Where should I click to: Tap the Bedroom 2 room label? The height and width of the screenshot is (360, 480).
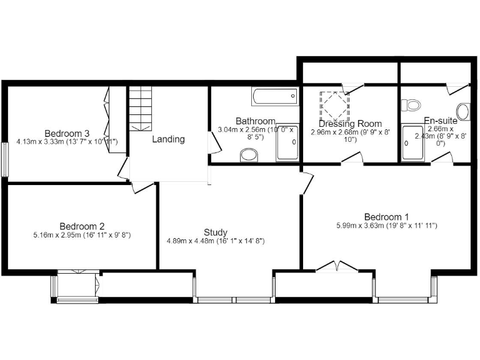[x=82, y=226]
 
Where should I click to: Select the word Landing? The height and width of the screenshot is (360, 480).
[x=169, y=139]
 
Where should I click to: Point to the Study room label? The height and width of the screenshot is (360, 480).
[x=216, y=232]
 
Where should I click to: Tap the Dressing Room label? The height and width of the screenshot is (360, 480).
[x=350, y=124]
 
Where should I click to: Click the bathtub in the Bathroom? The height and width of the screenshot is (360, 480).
[x=276, y=96]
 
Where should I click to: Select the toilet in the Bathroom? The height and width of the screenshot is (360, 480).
[x=249, y=154]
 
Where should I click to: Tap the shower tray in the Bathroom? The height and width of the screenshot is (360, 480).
[x=288, y=143]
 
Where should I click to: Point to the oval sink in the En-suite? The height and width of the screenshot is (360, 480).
[x=464, y=111]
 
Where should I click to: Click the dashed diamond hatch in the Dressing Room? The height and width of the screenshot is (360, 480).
[x=333, y=106]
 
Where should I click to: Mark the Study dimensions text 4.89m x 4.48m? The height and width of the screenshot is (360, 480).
[x=216, y=241]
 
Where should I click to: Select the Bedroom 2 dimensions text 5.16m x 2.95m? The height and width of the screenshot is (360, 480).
[x=82, y=235]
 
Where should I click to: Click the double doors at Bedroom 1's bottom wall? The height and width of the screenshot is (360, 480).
[x=337, y=267]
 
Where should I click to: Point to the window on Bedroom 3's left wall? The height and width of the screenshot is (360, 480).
[x=4, y=159]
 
